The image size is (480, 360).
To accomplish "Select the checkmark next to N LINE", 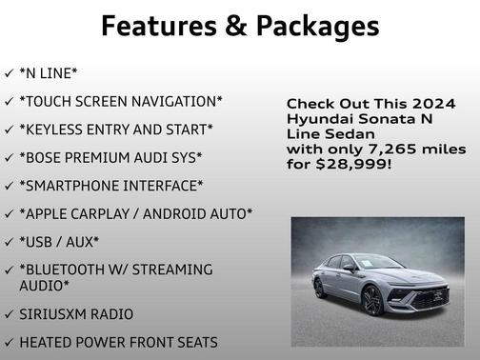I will [9, 73].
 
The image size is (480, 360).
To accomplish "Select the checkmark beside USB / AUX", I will [9, 242].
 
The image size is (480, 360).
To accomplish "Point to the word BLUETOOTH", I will [72, 270].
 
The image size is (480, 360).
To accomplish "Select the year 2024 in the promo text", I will [433, 103].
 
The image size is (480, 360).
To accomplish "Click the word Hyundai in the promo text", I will [317, 118].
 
